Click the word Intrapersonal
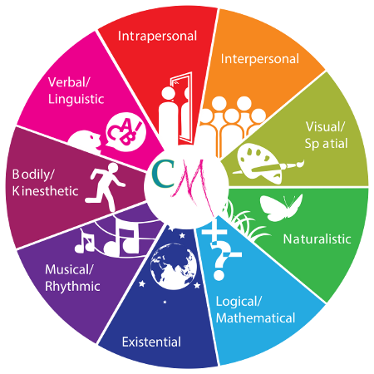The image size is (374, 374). (x=157, y=37)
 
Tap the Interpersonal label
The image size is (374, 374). (x=260, y=59)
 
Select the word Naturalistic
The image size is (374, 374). (x=317, y=239)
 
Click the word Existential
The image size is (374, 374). (x=151, y=342)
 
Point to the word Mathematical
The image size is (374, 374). (x=255, y=318)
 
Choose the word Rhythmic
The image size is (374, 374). (x=72, y=287)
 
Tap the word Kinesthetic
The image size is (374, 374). (x=46, y=191)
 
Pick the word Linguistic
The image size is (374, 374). (x=76, y=99)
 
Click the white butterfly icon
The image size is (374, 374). (x=281, y=207)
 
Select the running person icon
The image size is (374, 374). (x=106, y=186)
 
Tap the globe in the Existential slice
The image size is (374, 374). (x=174, y=266)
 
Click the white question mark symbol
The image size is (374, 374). (x=221, y=261)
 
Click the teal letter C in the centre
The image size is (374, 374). (x=163, y=174)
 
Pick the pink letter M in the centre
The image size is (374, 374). (x=191, y=185)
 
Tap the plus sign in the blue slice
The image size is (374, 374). (x=214, y=232)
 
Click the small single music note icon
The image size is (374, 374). (x=84, y=241)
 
